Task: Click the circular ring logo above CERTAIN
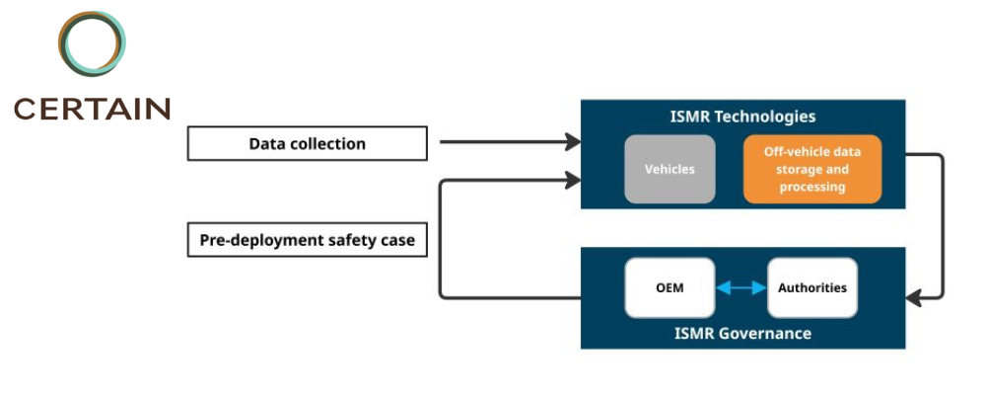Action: click(x=92, y=44)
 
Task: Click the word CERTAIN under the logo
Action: click(x=92, y=108)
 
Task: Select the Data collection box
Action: click(x=307, y=143)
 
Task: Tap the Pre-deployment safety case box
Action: click(x=307, y=240)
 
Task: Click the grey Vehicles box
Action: click(x=669, y=169)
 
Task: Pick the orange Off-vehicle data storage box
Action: click(x=811, y=169)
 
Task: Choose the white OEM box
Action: click(x=669, y=288)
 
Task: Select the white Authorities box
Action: click(x=811, y=288)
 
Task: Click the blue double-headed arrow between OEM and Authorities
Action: click(x=741, y=288)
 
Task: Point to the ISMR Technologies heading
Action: click(x=741, y=117)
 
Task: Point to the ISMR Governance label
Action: click(x=741, y=334)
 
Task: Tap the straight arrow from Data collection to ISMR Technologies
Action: click(x=508, y=142)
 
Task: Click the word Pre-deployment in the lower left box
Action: click(x=248, y=240)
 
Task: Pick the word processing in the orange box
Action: click(x=811, y=187)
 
